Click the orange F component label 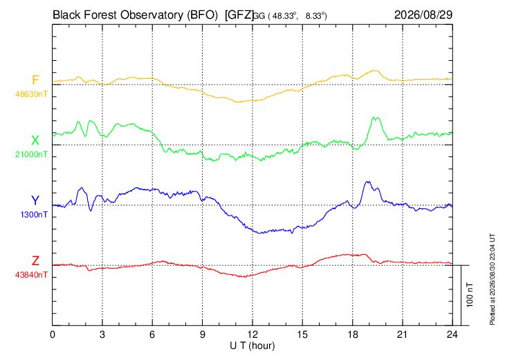coord(35,80)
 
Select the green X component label coord(35,141)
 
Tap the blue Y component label coord(35,201)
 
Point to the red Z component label coord(35,261)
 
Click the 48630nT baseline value coord(31,94)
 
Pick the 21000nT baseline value coord(31,154)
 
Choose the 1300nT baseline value coord(34,215)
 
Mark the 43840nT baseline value coord(31,275)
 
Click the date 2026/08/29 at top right coord(423,15)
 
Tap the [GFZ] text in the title coord(239,15)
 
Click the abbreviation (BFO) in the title coord(203,15)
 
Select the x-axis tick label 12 coord(252,335)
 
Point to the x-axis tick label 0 coord(53,335)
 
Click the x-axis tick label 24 coord(452,335)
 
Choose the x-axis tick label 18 coord(353,335)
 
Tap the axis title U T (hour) coord(252,346)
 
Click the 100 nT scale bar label coord(470,295)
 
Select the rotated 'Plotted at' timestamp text coord(492,279)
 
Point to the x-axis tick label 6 coord(152,335)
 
